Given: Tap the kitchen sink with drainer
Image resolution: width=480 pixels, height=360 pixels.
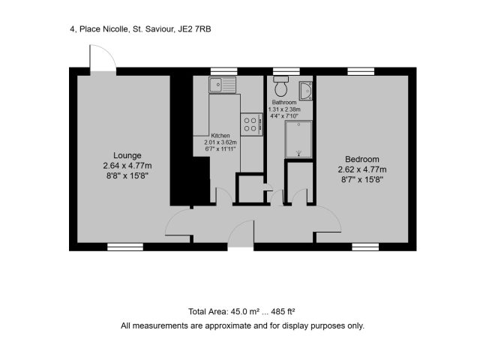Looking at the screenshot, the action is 223,85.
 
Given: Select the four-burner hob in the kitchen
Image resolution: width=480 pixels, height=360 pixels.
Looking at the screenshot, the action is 252,124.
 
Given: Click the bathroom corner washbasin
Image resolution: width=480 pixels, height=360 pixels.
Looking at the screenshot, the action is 306,91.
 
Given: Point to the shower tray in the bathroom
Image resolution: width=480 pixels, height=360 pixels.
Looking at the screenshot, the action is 298,139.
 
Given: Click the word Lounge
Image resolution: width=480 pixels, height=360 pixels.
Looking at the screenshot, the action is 127,155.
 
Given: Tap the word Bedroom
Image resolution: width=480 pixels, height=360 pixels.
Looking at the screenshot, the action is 362,159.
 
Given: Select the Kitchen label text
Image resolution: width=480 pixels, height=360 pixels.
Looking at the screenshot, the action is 220,136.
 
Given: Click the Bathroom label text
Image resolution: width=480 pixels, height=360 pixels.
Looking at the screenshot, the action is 284,102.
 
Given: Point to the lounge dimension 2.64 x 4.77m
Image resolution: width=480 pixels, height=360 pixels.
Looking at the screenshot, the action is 127,166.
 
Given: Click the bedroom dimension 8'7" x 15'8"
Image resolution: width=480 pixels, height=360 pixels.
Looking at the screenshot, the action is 362,180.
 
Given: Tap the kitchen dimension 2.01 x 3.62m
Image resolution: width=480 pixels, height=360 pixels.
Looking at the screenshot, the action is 220,142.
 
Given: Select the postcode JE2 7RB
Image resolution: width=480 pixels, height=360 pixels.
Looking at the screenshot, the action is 194,29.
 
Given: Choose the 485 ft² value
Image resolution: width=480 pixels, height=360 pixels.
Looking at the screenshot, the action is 283,312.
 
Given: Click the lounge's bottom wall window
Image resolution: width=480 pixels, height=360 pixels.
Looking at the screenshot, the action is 125,247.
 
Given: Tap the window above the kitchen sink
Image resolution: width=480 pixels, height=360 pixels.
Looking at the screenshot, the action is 223,71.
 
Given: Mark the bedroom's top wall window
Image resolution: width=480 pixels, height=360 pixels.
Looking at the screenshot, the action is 361,71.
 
